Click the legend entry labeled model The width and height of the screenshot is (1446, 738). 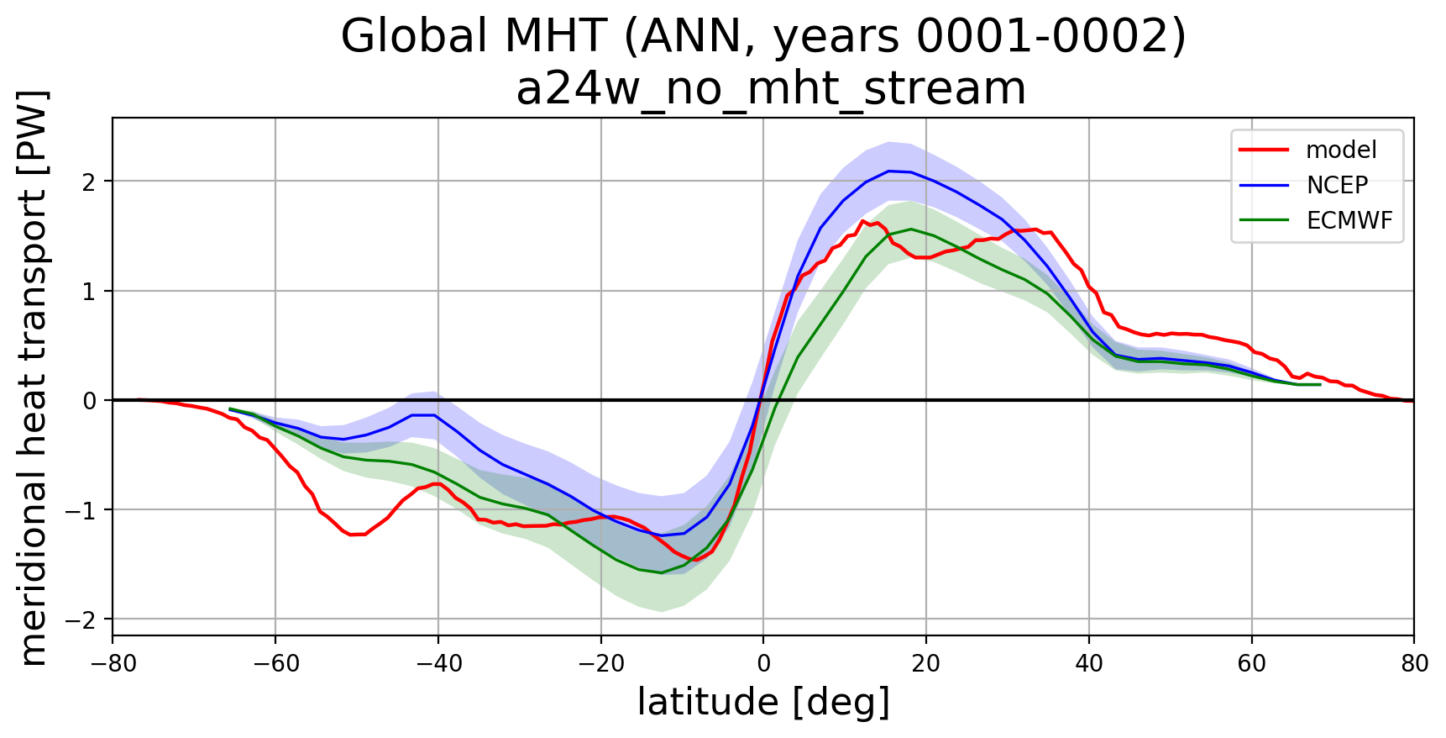tap(1340, 150)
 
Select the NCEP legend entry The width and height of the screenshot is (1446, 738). tap(1337, 185)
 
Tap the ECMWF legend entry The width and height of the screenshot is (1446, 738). tap(1349, 220)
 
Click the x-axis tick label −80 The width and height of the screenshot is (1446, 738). tap(113, 664)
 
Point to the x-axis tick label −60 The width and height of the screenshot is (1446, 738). tap(275, 664)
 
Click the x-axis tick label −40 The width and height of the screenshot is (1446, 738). tap(437, 664)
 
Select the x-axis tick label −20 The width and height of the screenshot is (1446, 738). tap(600, 664)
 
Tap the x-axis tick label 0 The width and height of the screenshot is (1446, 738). tap(763, 664)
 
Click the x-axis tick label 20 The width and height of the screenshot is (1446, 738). tap(926, 664)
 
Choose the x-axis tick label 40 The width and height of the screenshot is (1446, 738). tap(1089, 664)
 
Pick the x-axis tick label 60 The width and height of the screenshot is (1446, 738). tap(1251, 664)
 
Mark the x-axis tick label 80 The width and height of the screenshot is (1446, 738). tap(1414, 664)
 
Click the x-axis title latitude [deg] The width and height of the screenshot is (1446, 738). tap(763, 703)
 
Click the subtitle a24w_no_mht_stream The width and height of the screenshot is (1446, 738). tap(771, 88)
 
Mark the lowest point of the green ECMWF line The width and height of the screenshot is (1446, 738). tap(661, 572)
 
